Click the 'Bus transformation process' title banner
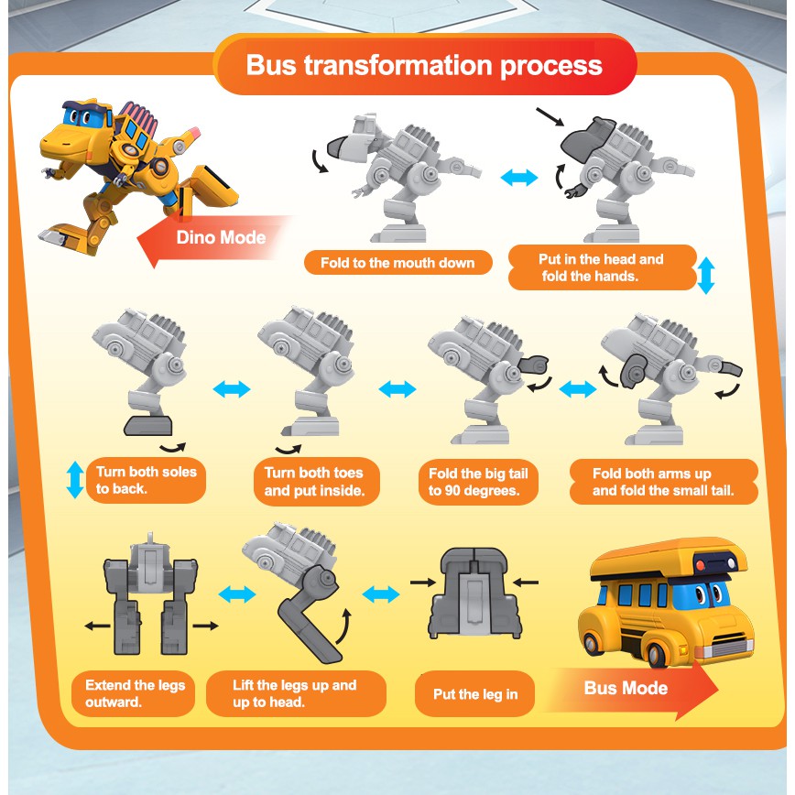(x=424, y=66)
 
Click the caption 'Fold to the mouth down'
(x=397, y=263)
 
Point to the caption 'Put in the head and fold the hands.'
(x=601, y=267)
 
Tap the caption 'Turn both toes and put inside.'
(x=314, y=481)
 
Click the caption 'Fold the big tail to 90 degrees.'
(x=478, y=482)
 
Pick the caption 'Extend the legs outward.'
(x=135, y=693)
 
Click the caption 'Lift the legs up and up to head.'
(x=294, y=693)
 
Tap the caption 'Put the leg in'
(x=475, y=694)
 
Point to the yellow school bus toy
(x=665, y=600)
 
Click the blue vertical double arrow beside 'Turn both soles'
(x=75, y=480)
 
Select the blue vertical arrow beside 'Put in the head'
(x=705, y=275)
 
